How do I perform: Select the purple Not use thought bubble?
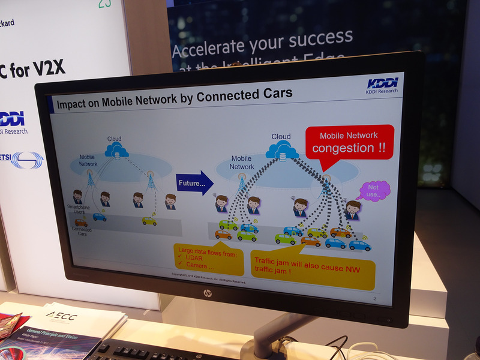click(x=373, y=190)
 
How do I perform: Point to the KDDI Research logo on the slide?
click(x=382, y=85)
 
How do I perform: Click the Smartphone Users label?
click(x=79, y=209)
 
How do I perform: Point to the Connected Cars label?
click(x=82, y=232)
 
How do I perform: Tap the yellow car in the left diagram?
click(x=149, y=221)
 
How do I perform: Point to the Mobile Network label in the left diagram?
click(x=88, y=160)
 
